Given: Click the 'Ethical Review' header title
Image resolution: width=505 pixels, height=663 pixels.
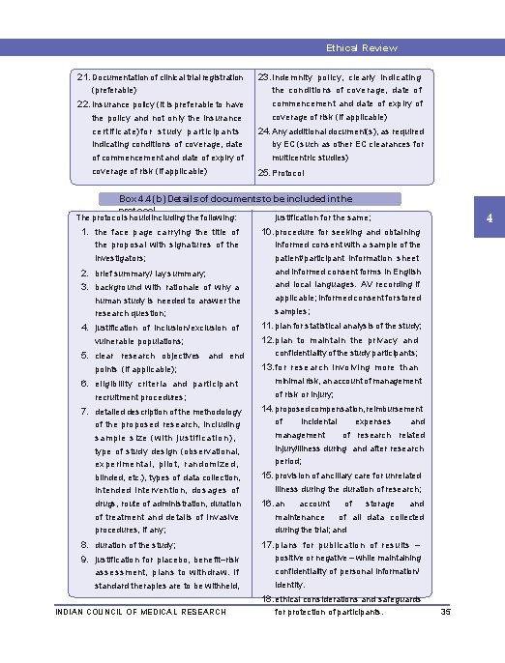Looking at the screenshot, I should [x=361, y=47].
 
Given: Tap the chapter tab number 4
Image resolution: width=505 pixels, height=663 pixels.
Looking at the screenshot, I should [x=490, y=218].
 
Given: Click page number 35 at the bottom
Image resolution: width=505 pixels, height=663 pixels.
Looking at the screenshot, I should [x=446, y=612].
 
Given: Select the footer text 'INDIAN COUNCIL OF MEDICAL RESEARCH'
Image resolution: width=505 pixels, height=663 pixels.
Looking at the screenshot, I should [x=141, y=612].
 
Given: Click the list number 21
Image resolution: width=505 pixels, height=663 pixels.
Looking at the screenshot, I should [x=83, y=76].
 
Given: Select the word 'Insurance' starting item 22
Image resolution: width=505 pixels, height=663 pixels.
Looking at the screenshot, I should [x=112, y=104].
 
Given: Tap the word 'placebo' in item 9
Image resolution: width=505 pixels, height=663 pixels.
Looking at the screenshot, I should [x=156, y=560].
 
